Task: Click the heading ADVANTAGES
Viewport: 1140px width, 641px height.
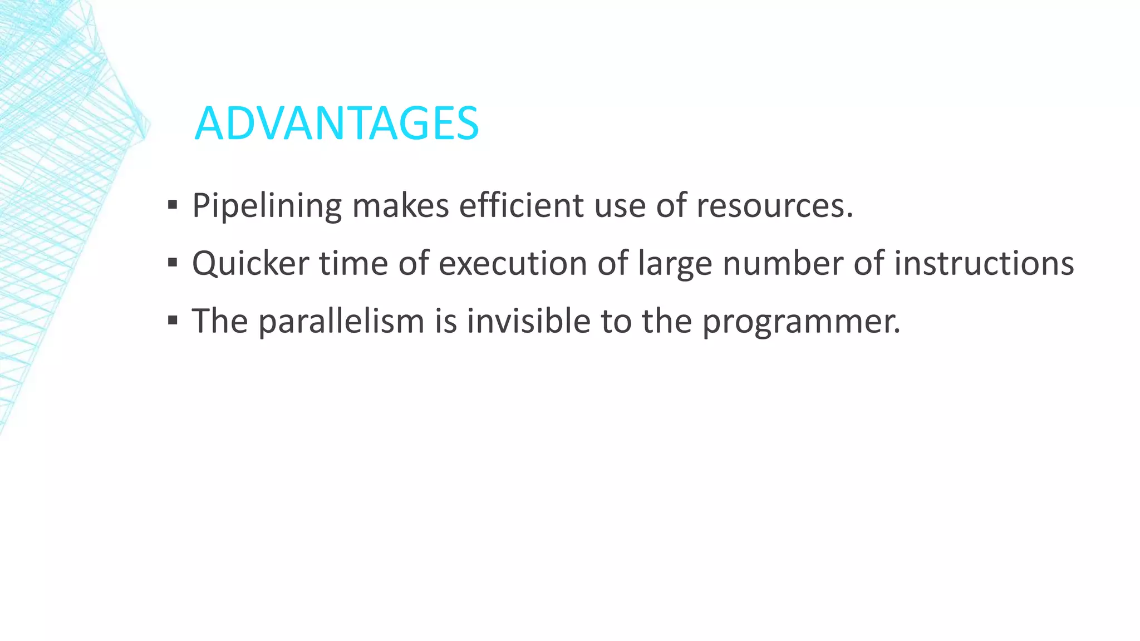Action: coord(336,124)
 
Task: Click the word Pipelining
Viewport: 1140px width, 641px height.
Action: coord(267,206)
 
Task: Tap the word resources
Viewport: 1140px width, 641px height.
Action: coord(770,206)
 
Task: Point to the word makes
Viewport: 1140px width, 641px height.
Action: coord(400,206)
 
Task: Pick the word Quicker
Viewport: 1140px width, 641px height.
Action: coord(250,263)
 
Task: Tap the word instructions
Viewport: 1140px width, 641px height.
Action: coord(984,263)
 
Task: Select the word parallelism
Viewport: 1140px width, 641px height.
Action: coord(341,321)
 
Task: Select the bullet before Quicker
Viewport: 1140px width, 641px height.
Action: coord(173,263)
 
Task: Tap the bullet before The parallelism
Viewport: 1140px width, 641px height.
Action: coord(173,320)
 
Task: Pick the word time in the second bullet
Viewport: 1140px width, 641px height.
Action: coord(353,263)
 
